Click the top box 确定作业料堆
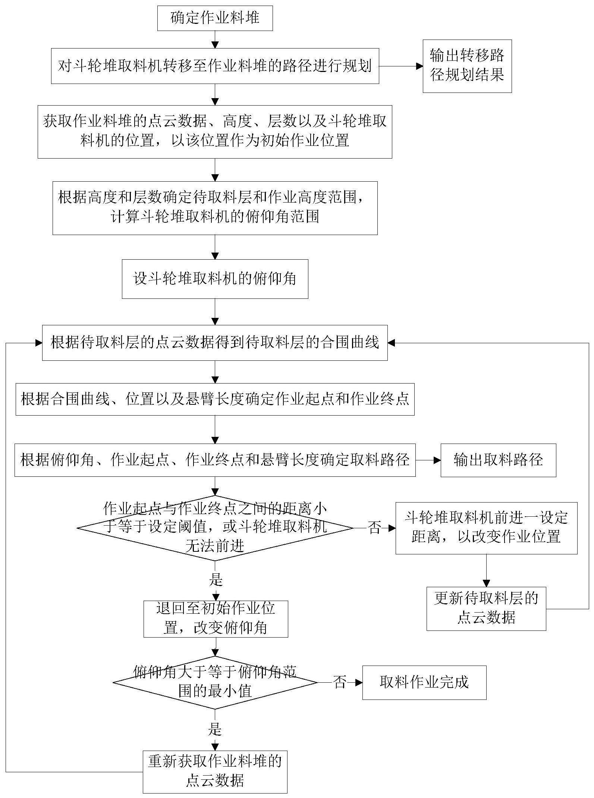point(215,18)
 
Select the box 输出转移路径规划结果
point(467,66)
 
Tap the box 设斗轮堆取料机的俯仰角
point(215,279)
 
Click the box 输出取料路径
point(498,460)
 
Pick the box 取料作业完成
point(424,682)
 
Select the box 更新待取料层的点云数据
point(486,608)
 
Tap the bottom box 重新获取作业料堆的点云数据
point(215,772)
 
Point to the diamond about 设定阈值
point(215,528)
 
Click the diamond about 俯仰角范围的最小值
point(215,682)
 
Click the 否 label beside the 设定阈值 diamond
point(374,528)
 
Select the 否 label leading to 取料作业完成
point(339,682)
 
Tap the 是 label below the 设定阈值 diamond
point(216,579)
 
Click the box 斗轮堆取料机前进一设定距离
point(486,528)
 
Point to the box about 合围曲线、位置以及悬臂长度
point(215,399)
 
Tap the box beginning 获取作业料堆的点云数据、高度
point(215,131)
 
